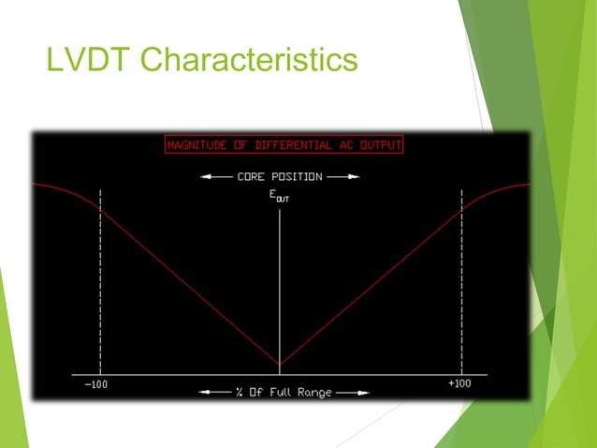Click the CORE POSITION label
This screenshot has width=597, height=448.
point(279,175)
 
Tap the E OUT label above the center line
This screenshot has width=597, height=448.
point(280,196)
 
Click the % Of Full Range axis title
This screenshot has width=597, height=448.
point(280,392)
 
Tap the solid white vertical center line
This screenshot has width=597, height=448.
point(280,281)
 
